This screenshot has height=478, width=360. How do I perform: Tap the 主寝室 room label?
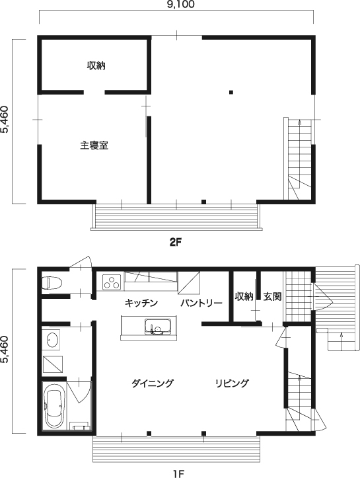point(94,145)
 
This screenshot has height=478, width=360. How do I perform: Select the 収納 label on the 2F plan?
point(96,65)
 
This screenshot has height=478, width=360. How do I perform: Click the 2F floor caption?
point(176,243)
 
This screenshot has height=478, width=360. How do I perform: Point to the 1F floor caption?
point(179,474)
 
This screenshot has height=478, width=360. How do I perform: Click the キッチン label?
point(141,303)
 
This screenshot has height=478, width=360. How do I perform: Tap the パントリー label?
point(201,303)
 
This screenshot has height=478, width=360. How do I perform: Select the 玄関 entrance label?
point(272,296)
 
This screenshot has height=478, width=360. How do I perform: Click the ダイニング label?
point(153,383)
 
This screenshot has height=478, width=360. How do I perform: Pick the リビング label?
point(232,383)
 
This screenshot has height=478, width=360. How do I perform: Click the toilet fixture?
point(52,282)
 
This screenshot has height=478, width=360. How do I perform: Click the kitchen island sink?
point(157,327)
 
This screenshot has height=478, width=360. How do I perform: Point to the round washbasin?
point(52,339)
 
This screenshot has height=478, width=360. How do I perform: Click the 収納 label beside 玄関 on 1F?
point(244,296)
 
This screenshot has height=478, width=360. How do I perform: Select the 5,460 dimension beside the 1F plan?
point(5,350)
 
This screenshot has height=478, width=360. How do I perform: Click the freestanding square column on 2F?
point(231,92)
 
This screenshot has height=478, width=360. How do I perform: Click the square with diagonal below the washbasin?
point(53,364)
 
